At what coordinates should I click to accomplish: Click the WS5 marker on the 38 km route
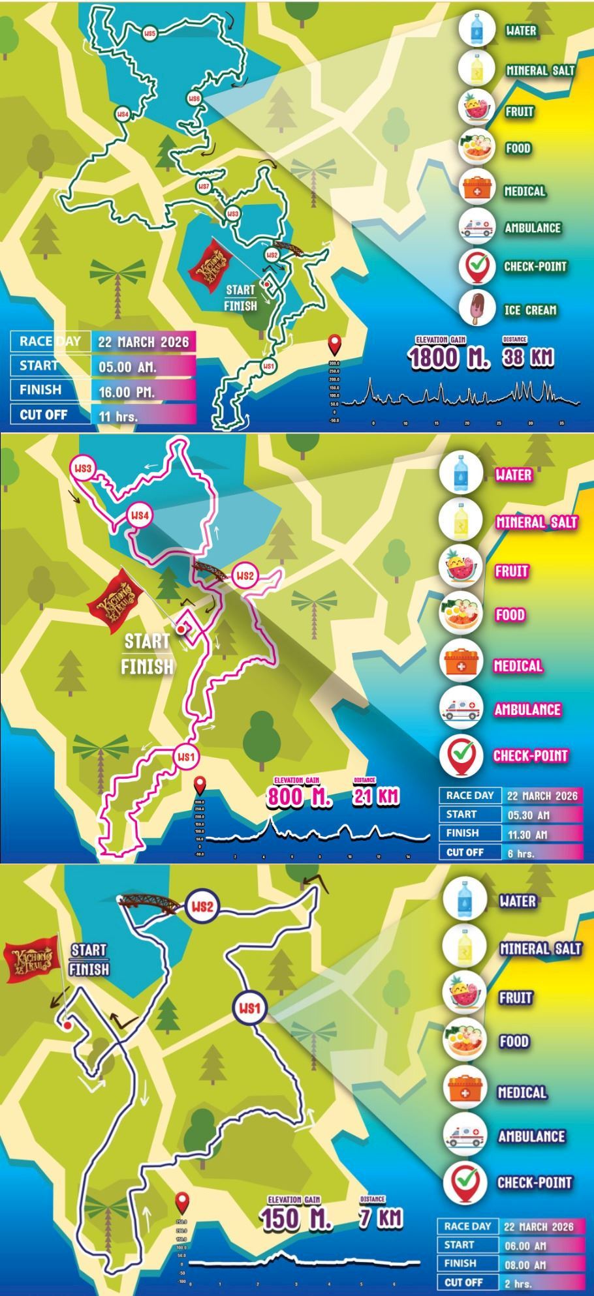point(150,33)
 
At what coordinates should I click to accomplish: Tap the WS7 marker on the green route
point(204,187)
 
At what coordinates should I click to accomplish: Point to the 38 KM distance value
point(527,357)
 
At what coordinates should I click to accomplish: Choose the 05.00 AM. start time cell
point(143,367)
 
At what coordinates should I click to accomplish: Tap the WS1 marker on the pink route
point(186,757)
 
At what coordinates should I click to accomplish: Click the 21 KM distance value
point(376,796)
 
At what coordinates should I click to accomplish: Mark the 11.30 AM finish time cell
point(542,834)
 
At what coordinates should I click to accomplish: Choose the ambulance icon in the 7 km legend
point(464,1135)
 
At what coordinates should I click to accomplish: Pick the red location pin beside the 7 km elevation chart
point(182,1201)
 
